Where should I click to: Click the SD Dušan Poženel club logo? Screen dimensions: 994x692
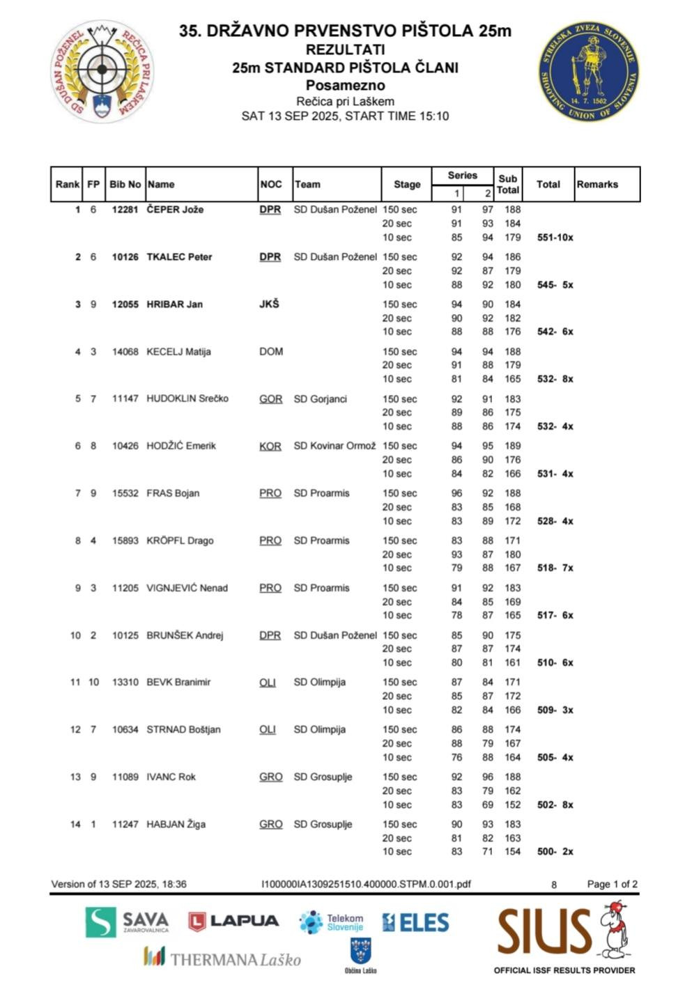102,70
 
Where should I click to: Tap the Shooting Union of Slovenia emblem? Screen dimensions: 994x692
589,70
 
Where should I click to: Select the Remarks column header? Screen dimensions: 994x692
597,185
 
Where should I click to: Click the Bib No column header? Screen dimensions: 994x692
125,185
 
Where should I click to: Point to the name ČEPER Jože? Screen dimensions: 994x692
175,210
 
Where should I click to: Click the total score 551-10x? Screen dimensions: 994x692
555,238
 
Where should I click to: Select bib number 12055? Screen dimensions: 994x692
125,304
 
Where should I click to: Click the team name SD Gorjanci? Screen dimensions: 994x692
320,399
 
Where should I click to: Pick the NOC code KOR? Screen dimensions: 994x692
270,446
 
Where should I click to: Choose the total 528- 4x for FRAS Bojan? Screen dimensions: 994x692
555,521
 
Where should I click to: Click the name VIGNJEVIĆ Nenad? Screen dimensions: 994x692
187,588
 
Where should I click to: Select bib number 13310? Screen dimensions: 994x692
125,682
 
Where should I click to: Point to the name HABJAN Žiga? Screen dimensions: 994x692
176,824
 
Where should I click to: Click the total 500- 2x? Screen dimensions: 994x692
555,851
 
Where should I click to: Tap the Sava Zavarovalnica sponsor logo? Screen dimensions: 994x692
127,922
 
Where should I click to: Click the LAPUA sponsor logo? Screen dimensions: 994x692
233,922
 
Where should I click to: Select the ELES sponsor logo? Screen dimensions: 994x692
415,923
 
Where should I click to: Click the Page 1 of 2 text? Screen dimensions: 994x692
612,884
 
